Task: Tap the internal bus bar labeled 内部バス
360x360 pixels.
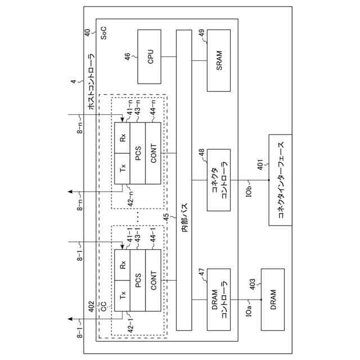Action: [184, 180]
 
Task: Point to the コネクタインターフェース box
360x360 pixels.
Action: [280, 180]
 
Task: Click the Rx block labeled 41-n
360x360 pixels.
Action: [123, 137]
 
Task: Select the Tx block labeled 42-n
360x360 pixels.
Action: [123, 168]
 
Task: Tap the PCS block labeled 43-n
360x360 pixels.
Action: [138, 152]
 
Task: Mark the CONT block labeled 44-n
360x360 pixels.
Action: [153, 152]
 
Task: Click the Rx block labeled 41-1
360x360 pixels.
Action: [123, 264]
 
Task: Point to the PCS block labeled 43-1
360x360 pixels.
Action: [138, 280]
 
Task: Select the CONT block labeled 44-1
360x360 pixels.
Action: [153, 280]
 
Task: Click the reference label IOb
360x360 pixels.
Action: [248, 192]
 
